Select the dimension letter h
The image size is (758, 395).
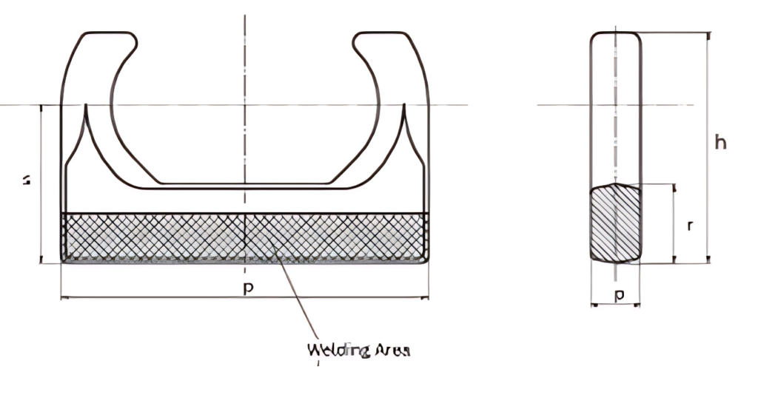click(720, 142)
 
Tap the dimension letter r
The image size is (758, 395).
click(690, 225)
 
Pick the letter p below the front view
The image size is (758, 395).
click(249, 288)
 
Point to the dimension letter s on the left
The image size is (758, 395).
click(27, 179)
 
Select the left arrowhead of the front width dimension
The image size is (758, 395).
click(63, 297)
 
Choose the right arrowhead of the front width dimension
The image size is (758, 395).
click(426, 297)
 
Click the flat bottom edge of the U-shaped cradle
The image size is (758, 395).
click(244, 185)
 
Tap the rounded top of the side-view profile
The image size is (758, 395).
click(615, 33)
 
